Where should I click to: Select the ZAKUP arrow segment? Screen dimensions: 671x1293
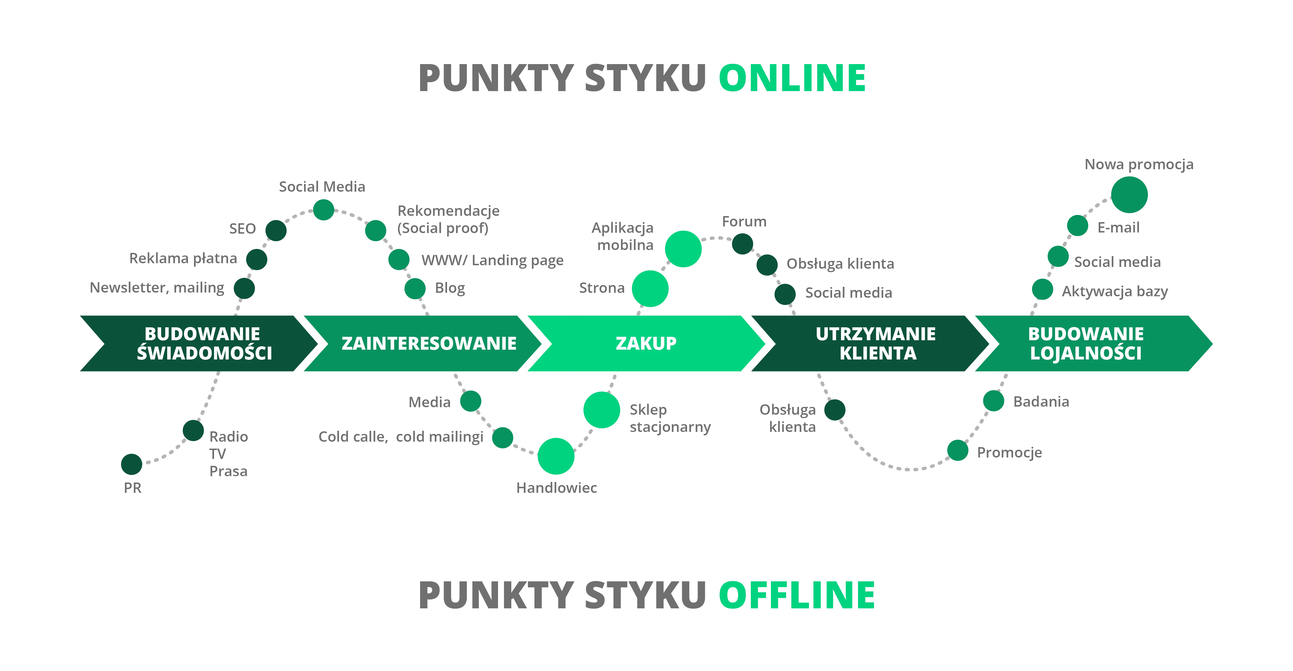tap(646, 343)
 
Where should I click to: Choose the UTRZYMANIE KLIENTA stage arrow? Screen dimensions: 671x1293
tap(876, 343)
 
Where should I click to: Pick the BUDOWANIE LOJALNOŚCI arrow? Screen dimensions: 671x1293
tap(1086, 343)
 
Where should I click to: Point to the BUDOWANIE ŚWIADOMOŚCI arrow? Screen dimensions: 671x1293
tap(204, 343)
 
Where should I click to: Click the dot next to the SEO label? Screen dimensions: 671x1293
tap(276, 230)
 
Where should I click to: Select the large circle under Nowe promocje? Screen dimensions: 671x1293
tap(1130, 194)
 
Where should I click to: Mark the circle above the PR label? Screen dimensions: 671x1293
tap(131, 464)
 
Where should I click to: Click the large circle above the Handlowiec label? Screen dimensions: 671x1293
tap(556, 456)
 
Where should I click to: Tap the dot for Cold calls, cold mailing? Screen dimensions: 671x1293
tap(503, 438)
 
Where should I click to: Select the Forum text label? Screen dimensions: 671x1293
tap(744, 222)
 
